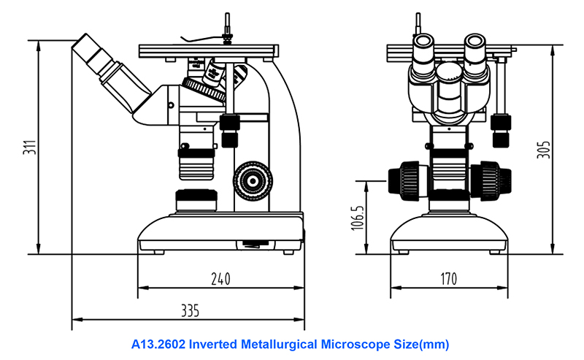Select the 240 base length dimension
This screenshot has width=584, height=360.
(220, 278)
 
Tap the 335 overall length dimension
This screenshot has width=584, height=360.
(189, 310)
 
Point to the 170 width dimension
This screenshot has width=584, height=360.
(448, 278)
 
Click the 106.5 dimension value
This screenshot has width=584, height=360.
(357, 218)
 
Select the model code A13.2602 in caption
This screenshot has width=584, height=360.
(158, 343)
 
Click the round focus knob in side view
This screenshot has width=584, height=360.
(252, 179)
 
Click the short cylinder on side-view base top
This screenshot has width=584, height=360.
(196, 199)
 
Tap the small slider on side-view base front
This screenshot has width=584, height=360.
(253, 244)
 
